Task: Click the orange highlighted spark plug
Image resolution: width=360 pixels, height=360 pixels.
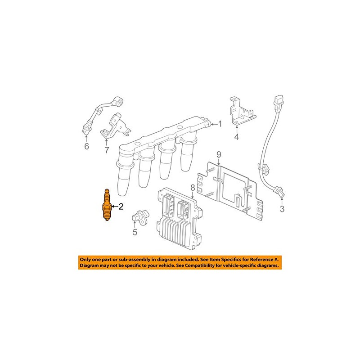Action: point(107,206)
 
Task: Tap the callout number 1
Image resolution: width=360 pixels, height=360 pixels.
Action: point(220,124)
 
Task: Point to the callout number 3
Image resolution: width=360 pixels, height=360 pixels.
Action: point(282,209)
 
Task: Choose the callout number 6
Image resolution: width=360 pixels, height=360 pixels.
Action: point(87,146)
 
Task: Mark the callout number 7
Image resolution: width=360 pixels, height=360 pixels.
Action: point(107,150)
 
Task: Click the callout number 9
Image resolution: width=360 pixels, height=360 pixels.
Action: point(219,155)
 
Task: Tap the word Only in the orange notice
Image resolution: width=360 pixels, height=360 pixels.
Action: point(87,260)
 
